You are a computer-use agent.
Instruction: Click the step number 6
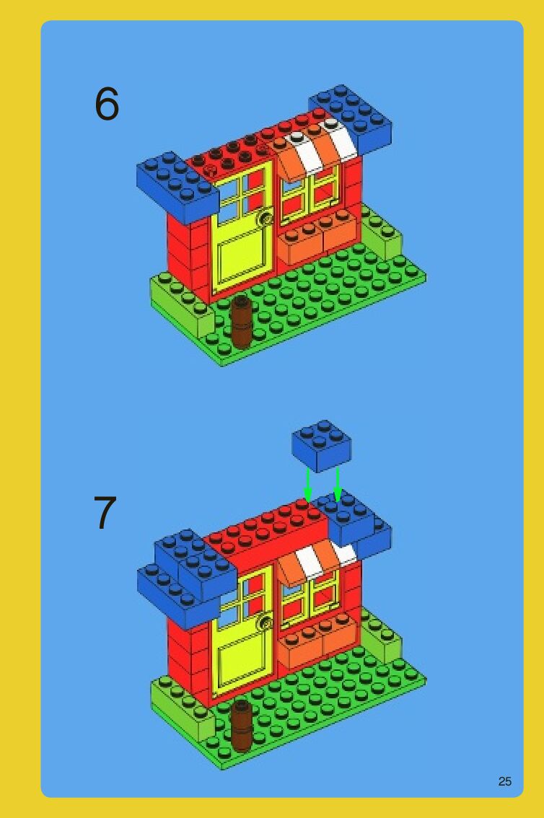click(107, 103)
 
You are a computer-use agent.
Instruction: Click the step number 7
click(105, 512)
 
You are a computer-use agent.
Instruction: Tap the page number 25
click(505, 781)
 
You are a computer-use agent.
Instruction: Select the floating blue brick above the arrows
click(321, 447)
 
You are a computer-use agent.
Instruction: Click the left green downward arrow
click(308, 485)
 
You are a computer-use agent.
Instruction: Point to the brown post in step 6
click(241, 322)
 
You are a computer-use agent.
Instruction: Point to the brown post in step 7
click(241, 726)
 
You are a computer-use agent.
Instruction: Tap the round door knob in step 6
click(266, 218)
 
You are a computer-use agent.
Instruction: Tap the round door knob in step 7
click(266, 621)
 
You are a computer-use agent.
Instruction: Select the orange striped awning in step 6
click(316, 149)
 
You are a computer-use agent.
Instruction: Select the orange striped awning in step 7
click(315, 561)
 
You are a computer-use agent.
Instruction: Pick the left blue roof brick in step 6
click(177, 188)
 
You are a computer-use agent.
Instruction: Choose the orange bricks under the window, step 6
click(320, 237)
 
